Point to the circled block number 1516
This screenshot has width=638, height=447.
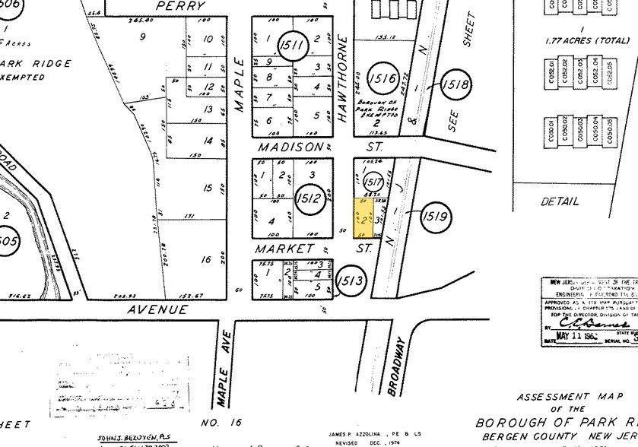point(382,78)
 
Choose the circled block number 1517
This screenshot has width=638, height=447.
point(373,182)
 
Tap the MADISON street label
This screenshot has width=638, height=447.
point(290,147)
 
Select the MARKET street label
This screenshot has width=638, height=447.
point(284,249)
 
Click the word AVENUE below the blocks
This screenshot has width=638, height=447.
point(157,309)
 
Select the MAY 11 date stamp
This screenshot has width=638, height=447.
point(574,335)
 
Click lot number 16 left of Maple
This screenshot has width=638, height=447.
point(206,259)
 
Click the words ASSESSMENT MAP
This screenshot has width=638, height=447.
point(564,397)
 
